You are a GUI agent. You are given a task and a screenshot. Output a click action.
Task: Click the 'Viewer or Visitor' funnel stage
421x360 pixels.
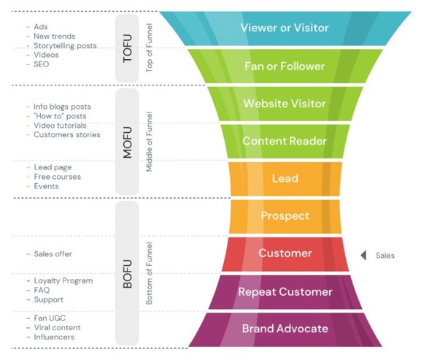click(285, 28)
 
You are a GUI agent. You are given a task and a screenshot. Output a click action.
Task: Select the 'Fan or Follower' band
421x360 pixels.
click(285, 66)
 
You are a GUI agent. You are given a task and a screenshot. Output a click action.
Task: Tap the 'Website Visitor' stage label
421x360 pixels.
click(285, 104)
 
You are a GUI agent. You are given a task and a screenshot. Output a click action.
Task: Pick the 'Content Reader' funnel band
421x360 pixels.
click(285, 141)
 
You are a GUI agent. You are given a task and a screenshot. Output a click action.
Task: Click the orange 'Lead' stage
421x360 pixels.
click(285, 178)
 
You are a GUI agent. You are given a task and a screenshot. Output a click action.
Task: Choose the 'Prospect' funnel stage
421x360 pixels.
click(285, 216)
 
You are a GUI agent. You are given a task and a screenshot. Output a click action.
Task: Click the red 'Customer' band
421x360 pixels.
click(285, 253)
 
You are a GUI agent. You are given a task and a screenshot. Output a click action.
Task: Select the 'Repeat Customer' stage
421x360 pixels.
click(285, 292)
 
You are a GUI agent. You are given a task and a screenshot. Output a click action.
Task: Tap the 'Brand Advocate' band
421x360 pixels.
click(285, 329)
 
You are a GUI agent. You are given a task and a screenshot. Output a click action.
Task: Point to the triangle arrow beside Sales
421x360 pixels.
click(363, 255)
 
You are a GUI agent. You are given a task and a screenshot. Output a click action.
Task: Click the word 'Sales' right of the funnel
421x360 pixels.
click(385, 255)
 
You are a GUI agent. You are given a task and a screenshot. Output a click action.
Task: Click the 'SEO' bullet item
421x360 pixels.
click(42, 64)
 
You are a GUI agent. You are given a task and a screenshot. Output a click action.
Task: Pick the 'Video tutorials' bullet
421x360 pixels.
click(60, 125)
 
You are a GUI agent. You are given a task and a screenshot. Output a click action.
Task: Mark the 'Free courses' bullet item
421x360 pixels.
click(57, 177)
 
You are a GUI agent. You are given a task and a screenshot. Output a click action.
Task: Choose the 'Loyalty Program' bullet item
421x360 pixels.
click(63, 280)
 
